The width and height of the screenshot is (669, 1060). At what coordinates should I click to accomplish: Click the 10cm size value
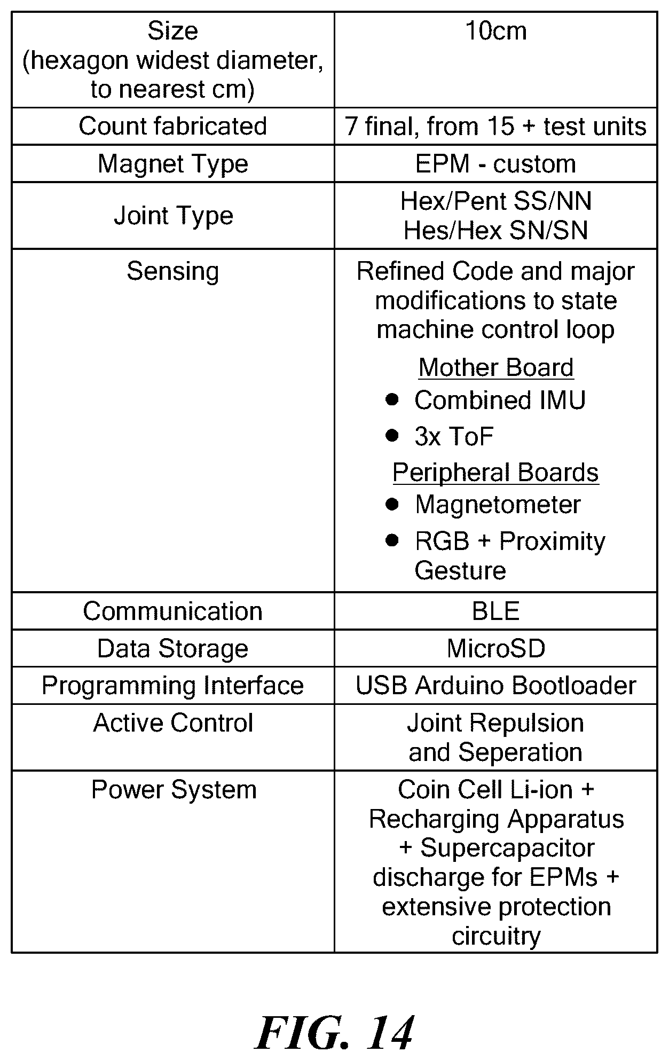[496, 31]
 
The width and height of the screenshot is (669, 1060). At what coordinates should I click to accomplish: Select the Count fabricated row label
[172, 126]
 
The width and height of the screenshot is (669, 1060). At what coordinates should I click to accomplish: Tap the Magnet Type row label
[172, 164]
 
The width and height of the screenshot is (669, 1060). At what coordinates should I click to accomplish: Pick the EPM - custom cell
[496, 164]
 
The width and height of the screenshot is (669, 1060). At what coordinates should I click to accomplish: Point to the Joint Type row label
[174, 216]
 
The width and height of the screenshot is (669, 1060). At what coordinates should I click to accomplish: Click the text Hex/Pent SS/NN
[496, 201]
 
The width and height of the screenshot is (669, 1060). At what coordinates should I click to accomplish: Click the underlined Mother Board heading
[496, 367]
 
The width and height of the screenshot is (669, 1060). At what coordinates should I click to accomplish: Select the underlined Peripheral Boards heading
[496, 473]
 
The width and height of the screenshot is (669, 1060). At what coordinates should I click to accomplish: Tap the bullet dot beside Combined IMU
[392, 399]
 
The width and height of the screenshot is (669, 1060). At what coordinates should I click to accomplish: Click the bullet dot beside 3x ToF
[392, 435]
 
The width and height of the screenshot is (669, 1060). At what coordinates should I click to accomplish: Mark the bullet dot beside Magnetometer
[392, 504]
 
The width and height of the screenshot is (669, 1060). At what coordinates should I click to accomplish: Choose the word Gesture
[460, 570]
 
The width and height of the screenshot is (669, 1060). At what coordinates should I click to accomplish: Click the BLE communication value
[496, 611]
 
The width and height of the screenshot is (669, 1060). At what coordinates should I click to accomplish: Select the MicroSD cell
[496, 649]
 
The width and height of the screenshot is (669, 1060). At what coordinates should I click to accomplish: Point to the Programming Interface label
[172, 686]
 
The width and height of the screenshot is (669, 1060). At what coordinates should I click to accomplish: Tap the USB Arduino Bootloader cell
[496, 686]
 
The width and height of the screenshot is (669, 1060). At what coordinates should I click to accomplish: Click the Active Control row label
[173, 723]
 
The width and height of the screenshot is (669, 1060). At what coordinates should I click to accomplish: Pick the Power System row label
[174, 790]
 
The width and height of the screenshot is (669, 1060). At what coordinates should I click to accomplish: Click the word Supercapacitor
[508, 848]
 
